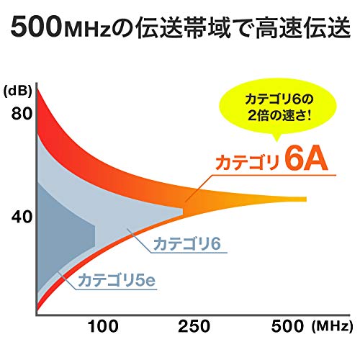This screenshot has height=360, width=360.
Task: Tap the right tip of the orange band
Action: tap(305, 199)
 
